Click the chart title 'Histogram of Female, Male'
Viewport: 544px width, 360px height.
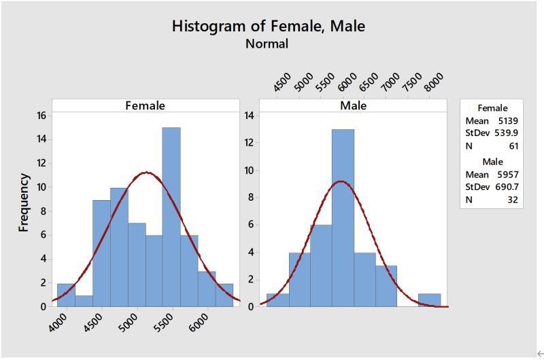click(268, 26)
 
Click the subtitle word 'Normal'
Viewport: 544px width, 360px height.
click(267, 44)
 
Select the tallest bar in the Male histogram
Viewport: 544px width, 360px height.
click(343, 218)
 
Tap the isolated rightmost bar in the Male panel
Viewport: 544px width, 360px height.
click(429, 299)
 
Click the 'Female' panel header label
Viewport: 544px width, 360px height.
click(145, 105)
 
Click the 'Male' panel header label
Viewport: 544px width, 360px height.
click(353, 105)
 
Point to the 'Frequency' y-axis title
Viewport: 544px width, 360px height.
click(24, 202)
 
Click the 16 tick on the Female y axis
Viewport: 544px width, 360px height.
click(41, 116)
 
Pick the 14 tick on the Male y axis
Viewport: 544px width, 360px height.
click(249, 116)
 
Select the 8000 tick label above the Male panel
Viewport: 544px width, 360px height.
click(433, 82)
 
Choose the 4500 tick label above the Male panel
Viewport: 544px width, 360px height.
click(282, 82)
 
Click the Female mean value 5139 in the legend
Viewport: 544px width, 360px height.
click(507, 120)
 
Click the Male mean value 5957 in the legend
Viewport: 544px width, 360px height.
click(507, 174)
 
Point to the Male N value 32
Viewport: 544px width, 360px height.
click(513, 199)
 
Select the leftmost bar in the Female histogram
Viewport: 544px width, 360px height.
click(66, 295)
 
